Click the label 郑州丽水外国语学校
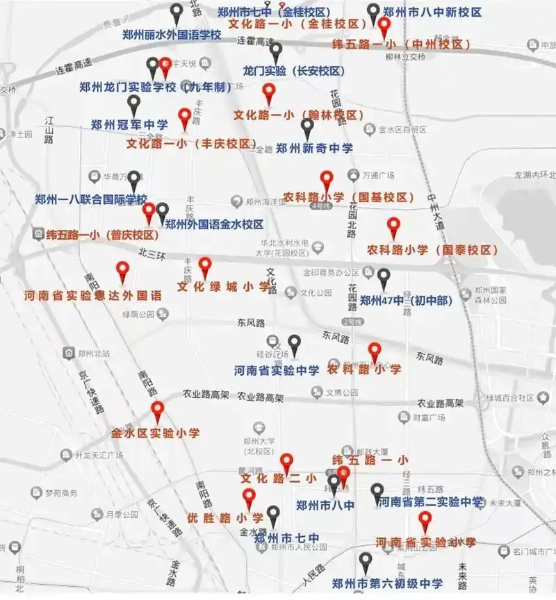(x=171, y=35)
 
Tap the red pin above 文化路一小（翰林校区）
(x=269, y=94)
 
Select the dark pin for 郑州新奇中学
(x=307, y=128)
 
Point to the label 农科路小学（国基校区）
(x=349, y=197)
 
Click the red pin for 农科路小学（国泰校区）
(x=393, y=227)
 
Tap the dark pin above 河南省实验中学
(x=295, y=344)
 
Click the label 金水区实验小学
(x=156, y=433)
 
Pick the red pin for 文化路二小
(x=286, y=463)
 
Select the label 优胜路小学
(x=226, y=518)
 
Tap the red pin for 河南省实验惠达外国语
(x=123, y=272)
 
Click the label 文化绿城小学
(x=223, y=286)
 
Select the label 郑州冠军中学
(x=129, y=125)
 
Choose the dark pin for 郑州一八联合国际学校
(x=133, y=181)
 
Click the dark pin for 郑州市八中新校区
(x=374, y=12)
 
